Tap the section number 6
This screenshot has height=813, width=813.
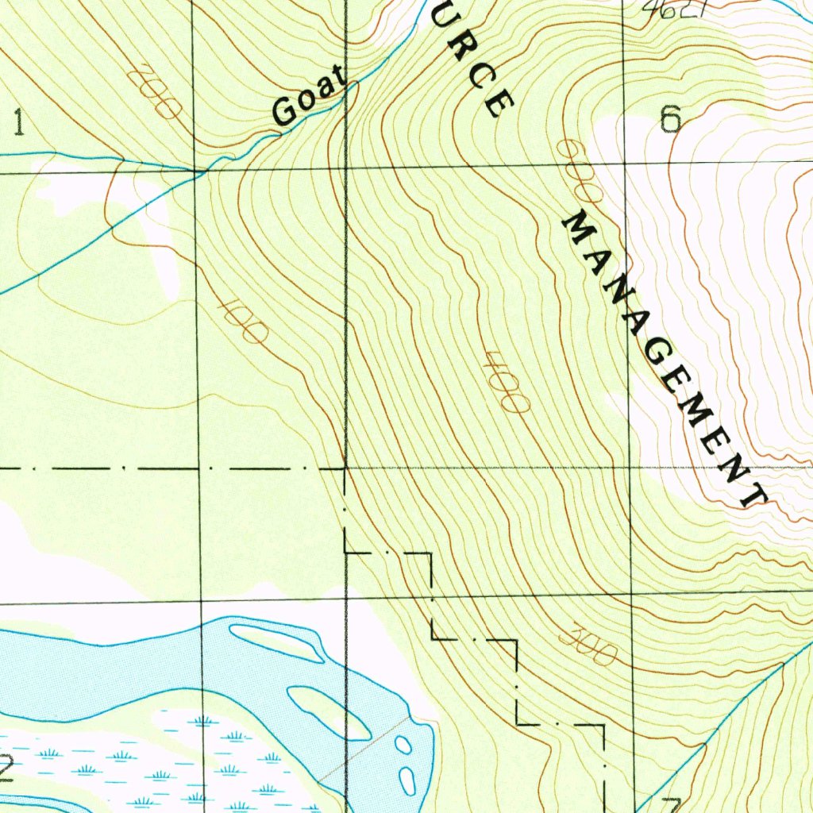(670, 119)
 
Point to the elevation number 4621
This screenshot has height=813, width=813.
(665, 10)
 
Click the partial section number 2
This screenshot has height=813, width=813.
(6, 768)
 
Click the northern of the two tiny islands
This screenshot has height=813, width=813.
(403, 745)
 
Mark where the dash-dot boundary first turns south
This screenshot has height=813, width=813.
(345, 469)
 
